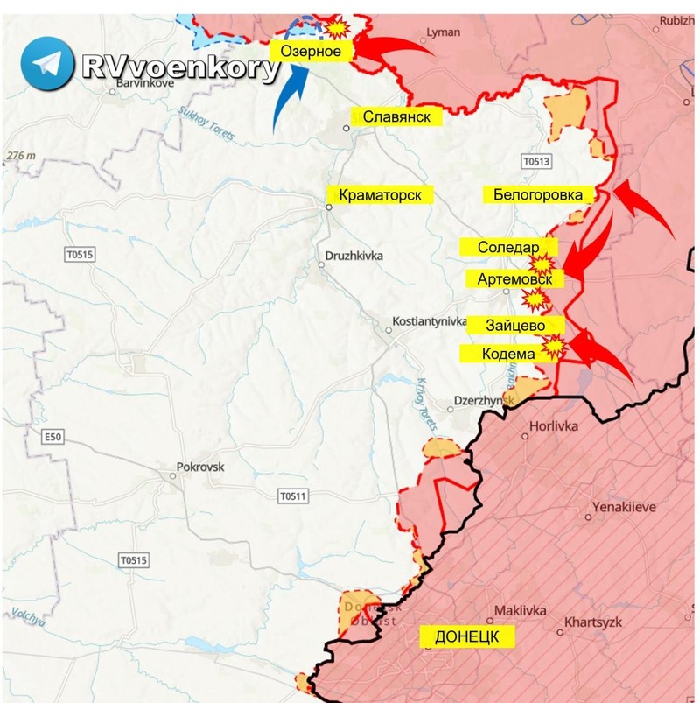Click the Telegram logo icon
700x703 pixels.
pyautogui.click(x=48, y=63)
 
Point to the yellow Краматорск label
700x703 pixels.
pyautogui.click(x=380, y=195)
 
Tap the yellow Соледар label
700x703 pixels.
pyautogui.click(x=508, y=248)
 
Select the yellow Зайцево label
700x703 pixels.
pyautogui.click(x=516, y=325)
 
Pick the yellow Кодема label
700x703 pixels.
pyautogui.click(x=508, y=354)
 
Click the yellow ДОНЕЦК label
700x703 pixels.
pyautogui.click(x=466, y=636)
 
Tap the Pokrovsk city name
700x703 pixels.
pyautogui.click(x=199, y=467)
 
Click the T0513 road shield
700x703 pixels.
pyautogui.click(x=536, y=161)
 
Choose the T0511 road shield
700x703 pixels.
pyautogui.click(x=293, y=496)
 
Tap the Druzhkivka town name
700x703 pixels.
pyautogui.click(x=354, y=256)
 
